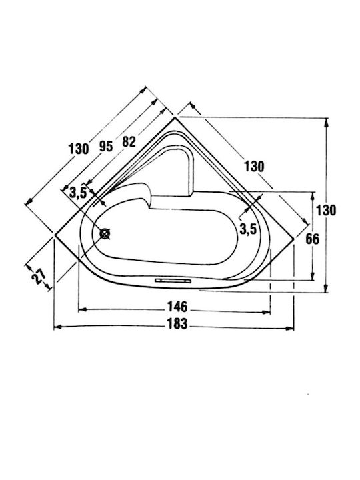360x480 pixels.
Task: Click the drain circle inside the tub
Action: [x=105, y=234]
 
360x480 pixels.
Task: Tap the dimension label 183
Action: [x=177, y=324]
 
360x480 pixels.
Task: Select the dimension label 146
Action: [x=177, y=307]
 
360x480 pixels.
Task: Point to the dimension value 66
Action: [x=312, y=239]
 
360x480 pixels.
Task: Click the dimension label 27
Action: [x=39, y=277]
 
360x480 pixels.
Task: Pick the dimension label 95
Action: [x=106, y=147]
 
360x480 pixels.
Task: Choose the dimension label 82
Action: [x=129, y=142]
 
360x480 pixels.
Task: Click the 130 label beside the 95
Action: [x=79, y=149]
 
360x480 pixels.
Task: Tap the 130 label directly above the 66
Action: [x=326, y=210]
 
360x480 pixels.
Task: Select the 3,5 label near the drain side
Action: [x=78, y=193]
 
